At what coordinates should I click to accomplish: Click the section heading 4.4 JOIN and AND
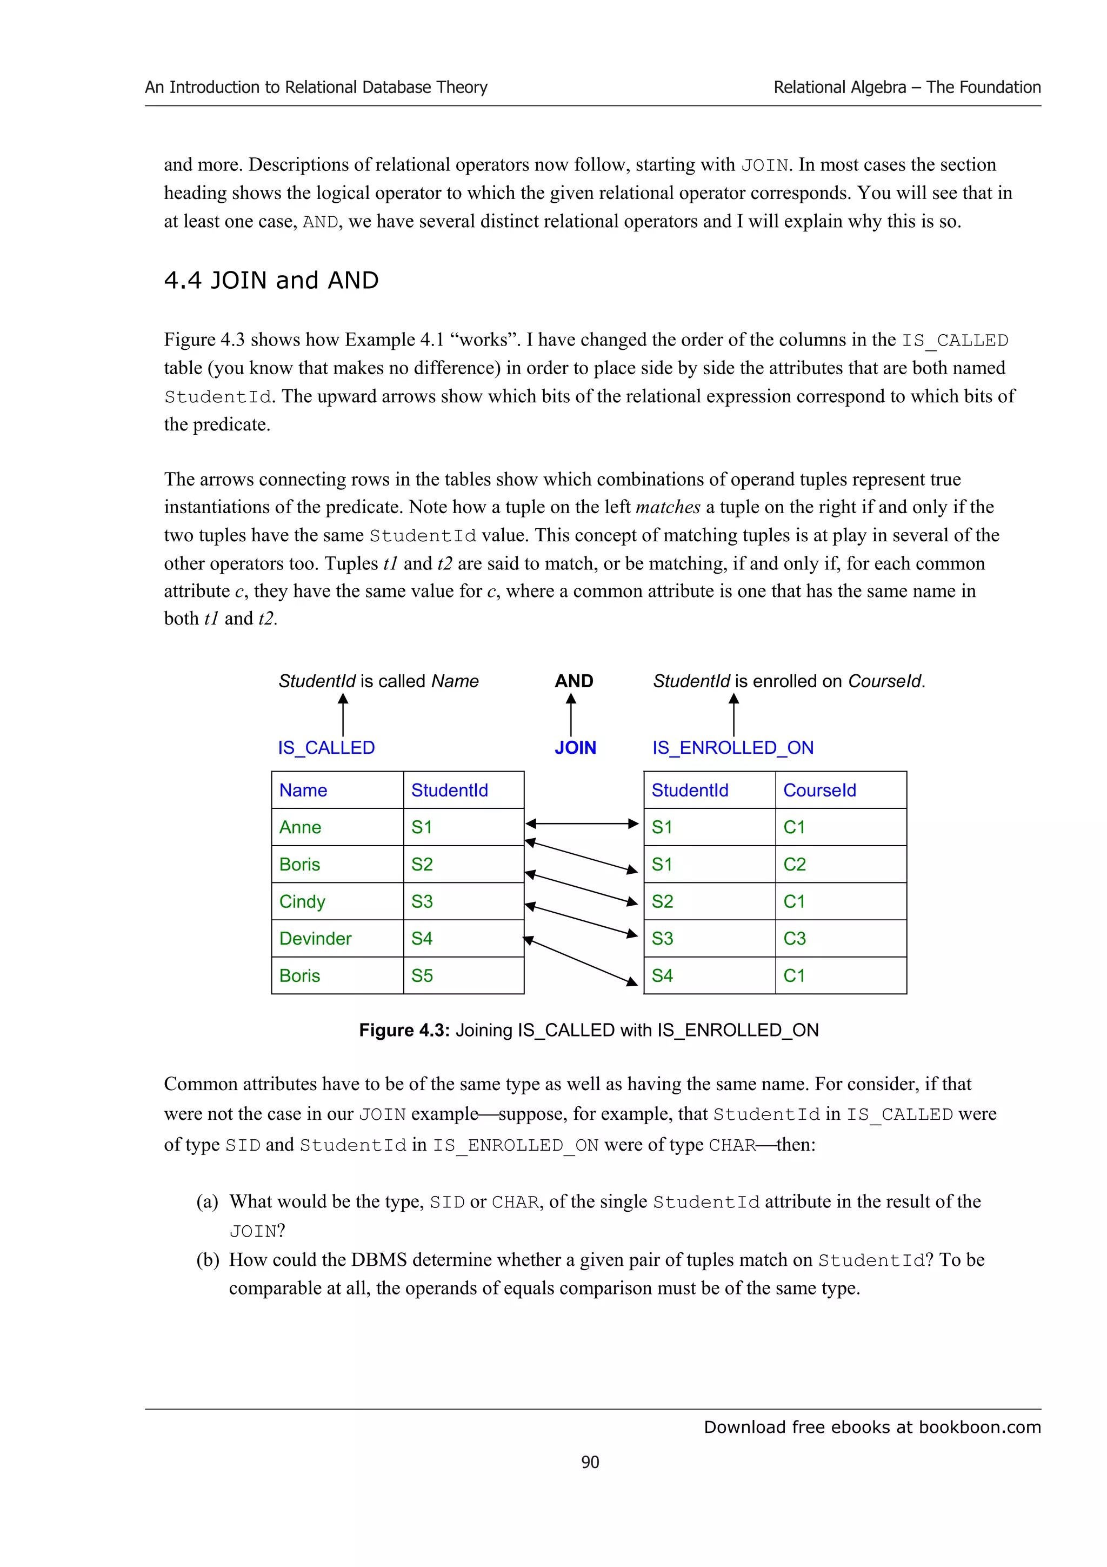coord(271,281)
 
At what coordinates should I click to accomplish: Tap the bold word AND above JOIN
coord(573,681)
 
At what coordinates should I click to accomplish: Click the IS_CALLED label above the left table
coord(326,748)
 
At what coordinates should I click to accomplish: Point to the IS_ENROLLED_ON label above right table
coord(732,748)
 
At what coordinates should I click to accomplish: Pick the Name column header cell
coord(337,791)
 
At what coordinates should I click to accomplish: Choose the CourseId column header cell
coord(841,791)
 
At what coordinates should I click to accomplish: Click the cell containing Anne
coord(337,827)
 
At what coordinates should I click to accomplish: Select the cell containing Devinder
coord(337,939)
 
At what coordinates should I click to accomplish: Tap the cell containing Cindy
coord(337,901)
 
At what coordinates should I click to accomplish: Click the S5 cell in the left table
coord(463,976)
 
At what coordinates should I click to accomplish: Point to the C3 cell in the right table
coord(841,939)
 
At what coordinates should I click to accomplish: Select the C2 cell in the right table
coord(841,865)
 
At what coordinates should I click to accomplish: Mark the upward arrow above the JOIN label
coord(571,715)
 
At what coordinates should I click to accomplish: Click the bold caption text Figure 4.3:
coord(404,1030)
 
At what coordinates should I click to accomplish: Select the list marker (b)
coord(208,1260)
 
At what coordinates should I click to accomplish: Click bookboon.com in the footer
coord(979,1427)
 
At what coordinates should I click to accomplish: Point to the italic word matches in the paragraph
coord(667,507)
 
